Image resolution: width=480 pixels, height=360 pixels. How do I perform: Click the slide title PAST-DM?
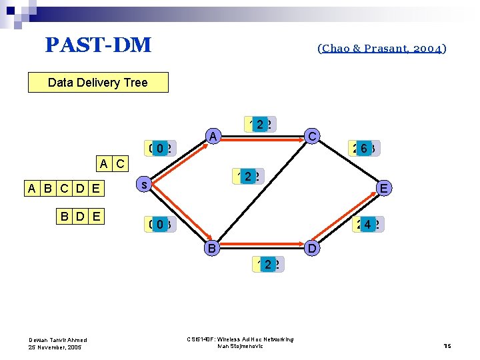point(98,45)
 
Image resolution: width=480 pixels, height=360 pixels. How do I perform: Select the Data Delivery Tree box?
point(98,83)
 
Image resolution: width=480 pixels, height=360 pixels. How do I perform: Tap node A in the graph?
point(212,137)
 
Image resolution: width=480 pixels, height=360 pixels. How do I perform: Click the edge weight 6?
point(363,148)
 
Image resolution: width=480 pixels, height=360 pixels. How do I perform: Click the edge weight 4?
point(367,225)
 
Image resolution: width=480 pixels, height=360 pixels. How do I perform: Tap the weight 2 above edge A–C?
point(260,124)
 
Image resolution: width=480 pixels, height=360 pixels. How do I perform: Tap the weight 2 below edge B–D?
point(268,265)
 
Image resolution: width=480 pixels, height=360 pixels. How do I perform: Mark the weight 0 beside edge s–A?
point(160,148)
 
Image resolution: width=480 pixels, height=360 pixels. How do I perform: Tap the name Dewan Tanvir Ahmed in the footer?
point(57,340)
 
